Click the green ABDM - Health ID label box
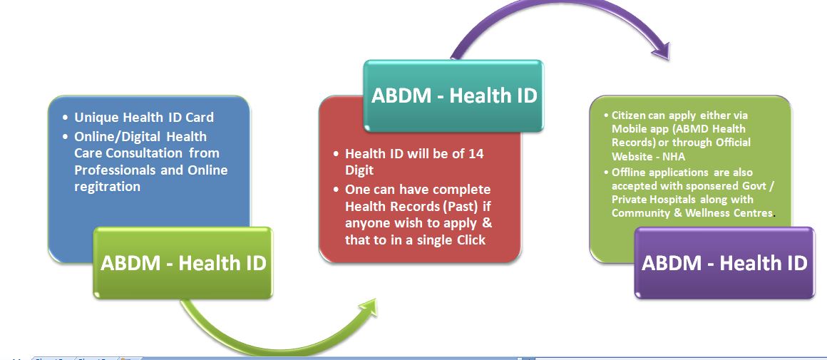click(183, 262)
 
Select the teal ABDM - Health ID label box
click(453, 96)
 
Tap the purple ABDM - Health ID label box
click(724, 262)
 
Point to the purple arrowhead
click(660, 49)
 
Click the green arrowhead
click(367, 309)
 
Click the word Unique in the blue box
click(97, 118)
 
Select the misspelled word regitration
click(108, 187)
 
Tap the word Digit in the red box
click(359, 171)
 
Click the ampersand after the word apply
click(487, 222)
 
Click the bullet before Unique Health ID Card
click(65, 118)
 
